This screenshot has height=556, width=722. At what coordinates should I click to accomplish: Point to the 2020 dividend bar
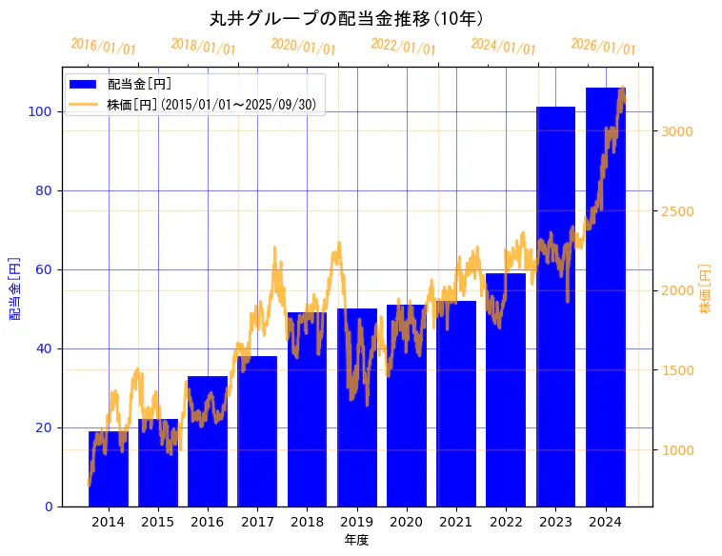(407, 406)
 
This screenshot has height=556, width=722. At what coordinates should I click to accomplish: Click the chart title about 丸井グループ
(347, 18)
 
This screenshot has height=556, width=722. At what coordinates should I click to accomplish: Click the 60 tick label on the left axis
(43, 269)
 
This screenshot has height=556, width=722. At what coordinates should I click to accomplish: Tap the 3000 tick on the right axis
(677, 131)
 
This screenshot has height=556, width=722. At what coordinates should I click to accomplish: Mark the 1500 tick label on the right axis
(677, 370)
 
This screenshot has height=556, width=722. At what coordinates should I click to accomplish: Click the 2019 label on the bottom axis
(356, 522)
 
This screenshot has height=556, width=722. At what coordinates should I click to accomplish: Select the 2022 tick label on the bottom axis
(506, 522)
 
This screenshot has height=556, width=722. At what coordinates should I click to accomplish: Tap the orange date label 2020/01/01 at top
(303, 46)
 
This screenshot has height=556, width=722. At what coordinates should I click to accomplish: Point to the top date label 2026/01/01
(603, 46)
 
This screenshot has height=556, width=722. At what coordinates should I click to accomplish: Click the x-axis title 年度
(356, 540)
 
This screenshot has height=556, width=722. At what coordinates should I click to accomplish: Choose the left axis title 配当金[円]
(14, 288)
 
